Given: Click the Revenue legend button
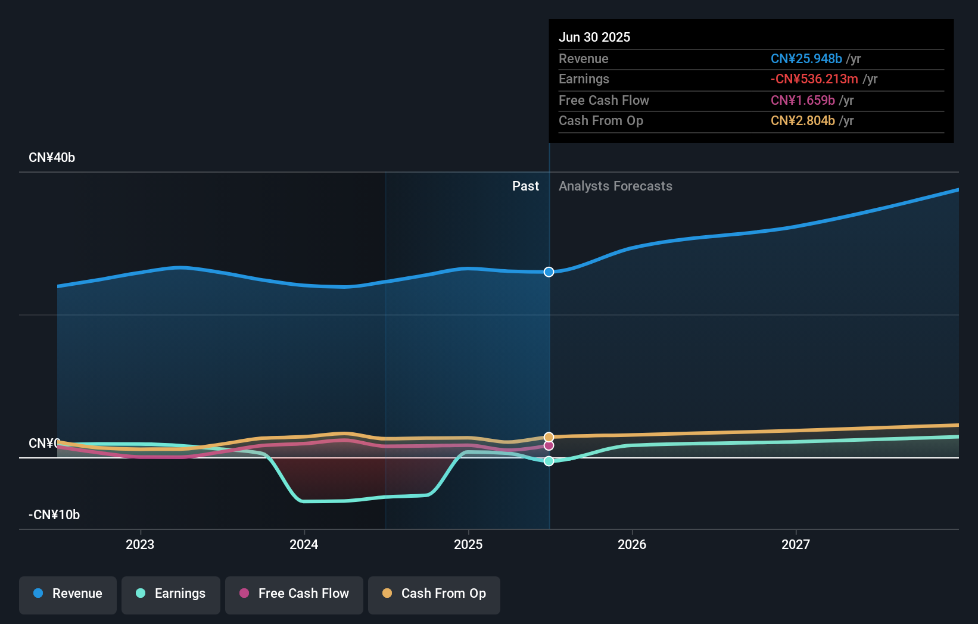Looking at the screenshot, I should (x=68, y=594).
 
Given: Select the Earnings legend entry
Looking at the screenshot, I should (x=171, y=594).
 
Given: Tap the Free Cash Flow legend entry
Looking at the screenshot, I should (x=294, y=594).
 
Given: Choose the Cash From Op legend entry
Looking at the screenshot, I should (x=434, y=594).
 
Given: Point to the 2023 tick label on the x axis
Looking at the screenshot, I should (x=140, y=544).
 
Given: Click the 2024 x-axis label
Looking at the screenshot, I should (x=304, y=544).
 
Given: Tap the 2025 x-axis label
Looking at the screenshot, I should (x=468, y=544).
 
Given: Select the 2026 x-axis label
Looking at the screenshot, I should (x=632, y=544).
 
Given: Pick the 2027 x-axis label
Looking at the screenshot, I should (x=796, y=544).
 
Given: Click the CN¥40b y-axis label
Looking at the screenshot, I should (x=52, y=158).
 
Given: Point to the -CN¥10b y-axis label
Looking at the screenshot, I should (x=54, y=514).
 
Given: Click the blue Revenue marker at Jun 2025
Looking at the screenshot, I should (x=549, y=272).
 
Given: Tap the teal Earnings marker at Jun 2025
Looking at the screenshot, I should (x=549, y=461).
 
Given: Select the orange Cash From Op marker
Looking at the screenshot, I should (x=549, y=438).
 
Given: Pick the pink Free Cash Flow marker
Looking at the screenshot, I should (x=549, y=446).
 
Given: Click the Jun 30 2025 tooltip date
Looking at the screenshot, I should (x=594, y=37).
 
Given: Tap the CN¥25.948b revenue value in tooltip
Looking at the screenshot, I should (x=806, y=58).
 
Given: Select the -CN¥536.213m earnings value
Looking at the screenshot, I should (x=814, y=79).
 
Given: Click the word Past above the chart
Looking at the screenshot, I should (x=525, y=186).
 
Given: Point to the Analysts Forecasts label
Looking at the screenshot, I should (x=615, y=186).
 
